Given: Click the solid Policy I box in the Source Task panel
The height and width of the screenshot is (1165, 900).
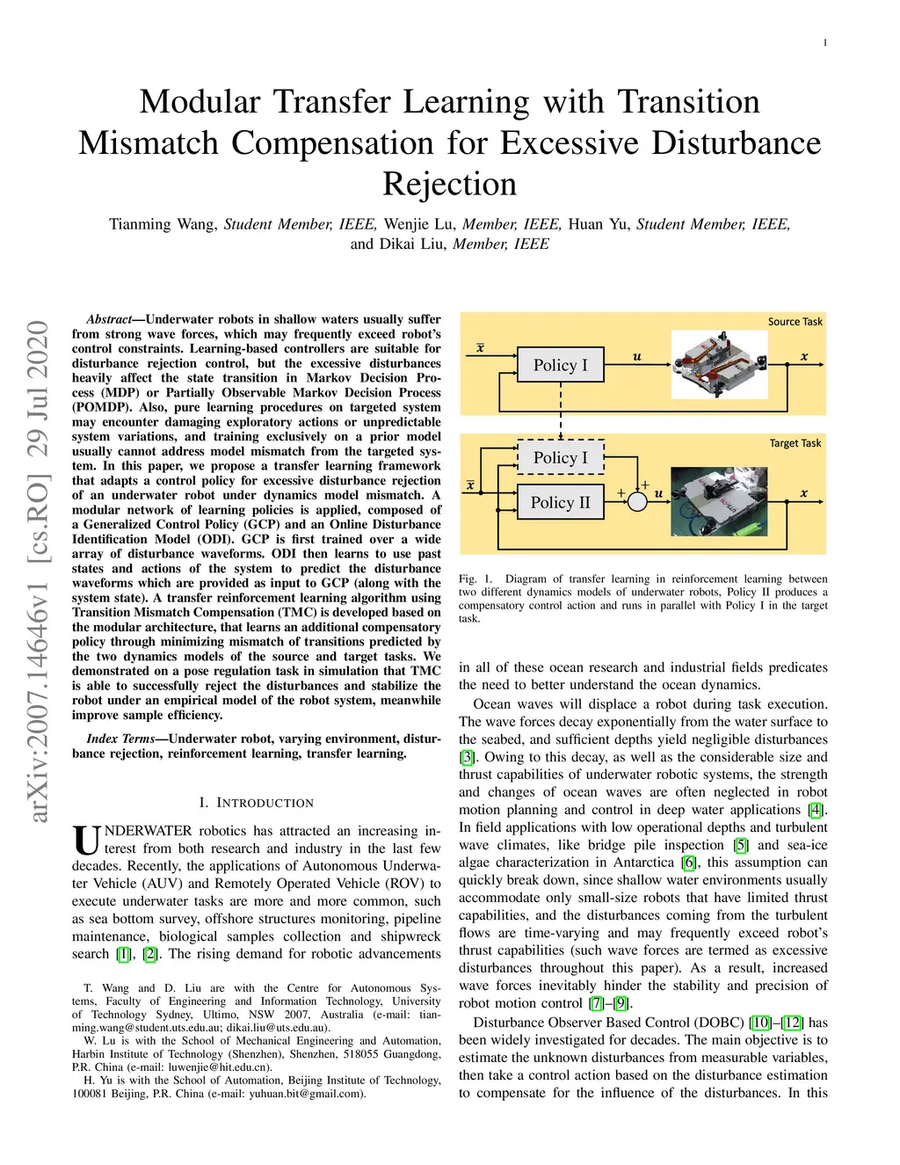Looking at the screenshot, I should [560, 365].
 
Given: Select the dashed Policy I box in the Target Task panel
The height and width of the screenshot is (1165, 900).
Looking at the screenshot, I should [560, 457].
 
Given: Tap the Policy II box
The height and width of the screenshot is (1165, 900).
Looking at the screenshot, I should [560, 502].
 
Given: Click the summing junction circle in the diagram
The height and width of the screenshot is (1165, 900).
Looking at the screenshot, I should [638, 500].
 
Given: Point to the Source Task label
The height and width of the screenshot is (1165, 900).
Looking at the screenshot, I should [795, 322].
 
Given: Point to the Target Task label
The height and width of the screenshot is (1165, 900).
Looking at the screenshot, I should [795, 443].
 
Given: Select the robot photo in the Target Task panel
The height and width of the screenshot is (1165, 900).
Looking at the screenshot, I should [719, 501].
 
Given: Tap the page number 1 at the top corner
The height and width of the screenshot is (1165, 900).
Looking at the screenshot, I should [824, 42].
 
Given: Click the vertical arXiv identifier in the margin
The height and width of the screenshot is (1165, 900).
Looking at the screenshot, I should [38, 572].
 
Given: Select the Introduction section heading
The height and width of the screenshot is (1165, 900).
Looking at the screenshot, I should [256, 803].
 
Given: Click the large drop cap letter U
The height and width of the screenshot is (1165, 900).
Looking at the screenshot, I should [86, 840].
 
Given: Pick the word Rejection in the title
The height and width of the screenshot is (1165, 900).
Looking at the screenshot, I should [449, 184].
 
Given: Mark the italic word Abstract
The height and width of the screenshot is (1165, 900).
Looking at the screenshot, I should [108, 319].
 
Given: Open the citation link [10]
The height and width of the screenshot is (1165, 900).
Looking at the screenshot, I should [760, 1023].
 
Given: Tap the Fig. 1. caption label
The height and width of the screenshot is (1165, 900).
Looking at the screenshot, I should [475, 579].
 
